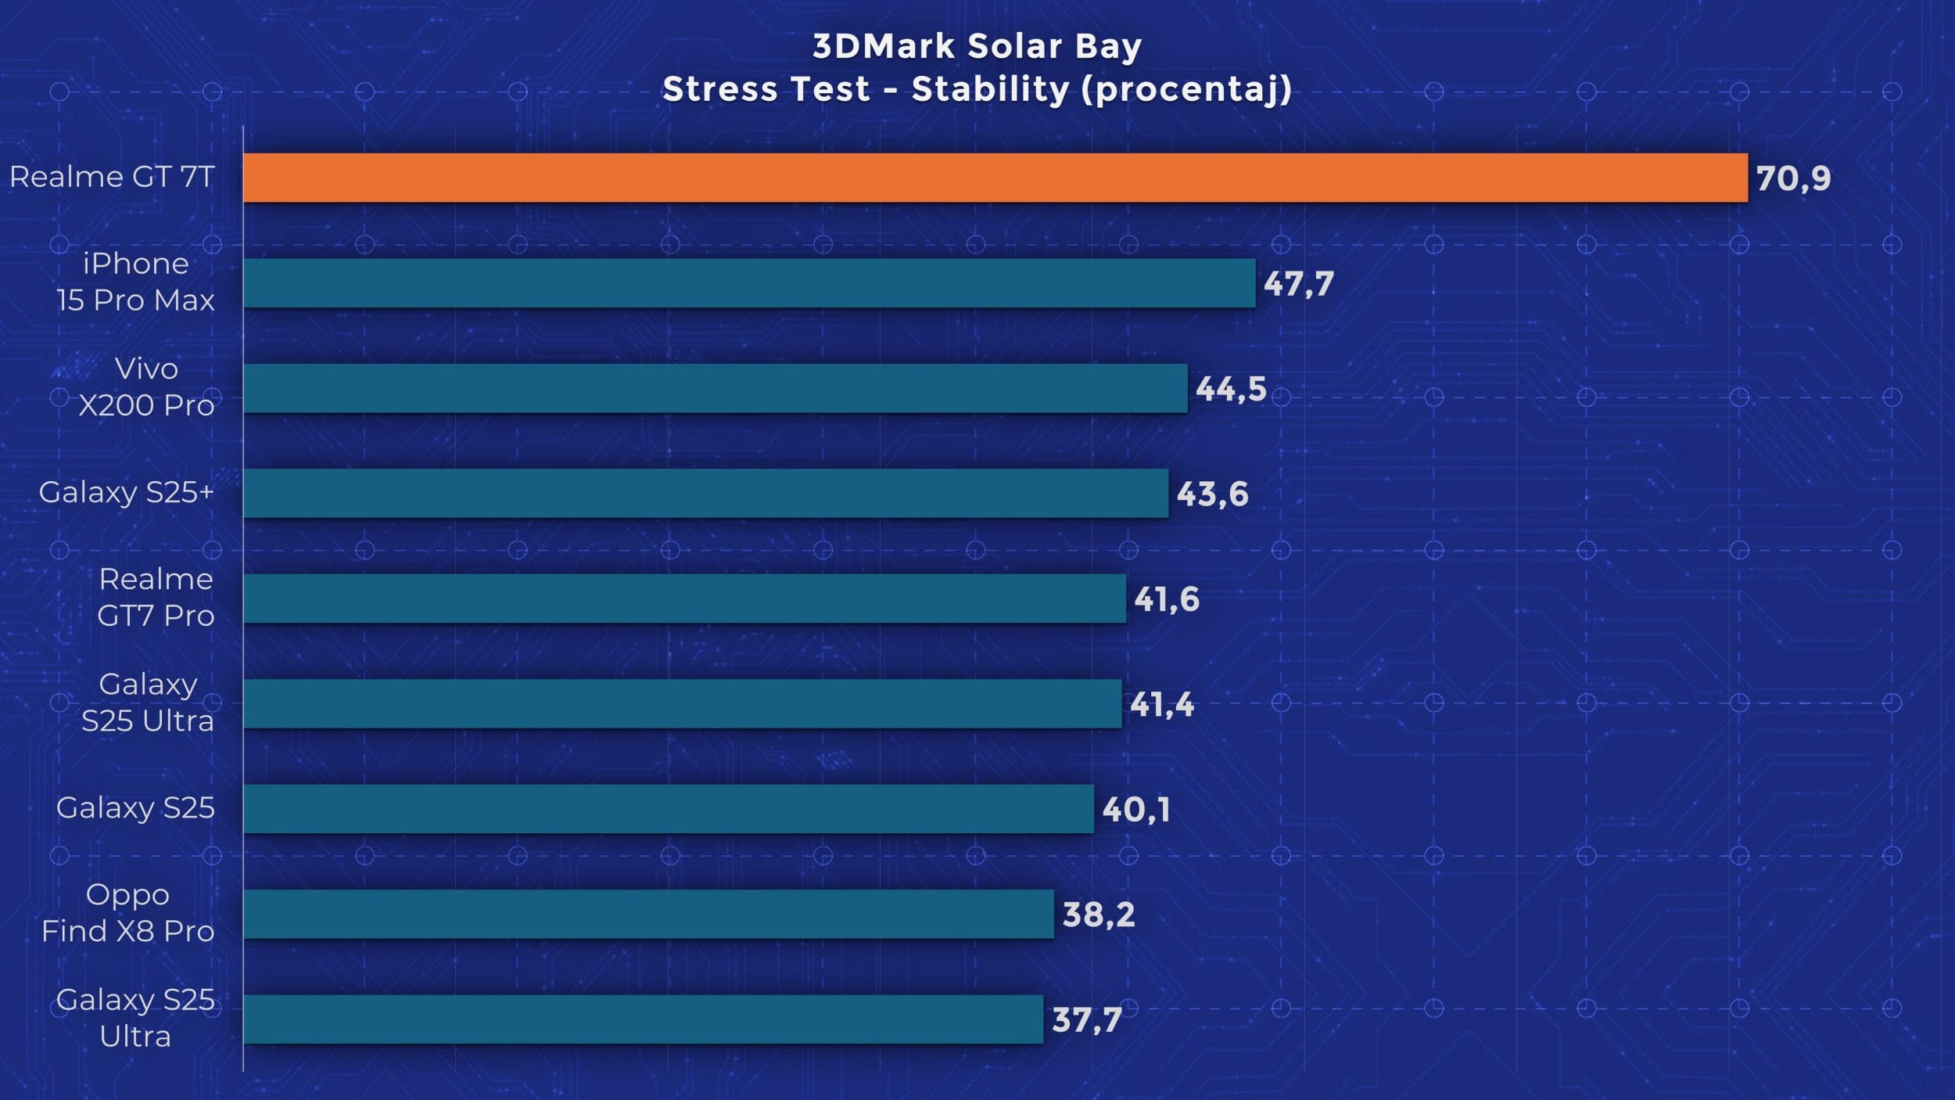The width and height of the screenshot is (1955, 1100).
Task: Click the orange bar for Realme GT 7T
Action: (995, 178)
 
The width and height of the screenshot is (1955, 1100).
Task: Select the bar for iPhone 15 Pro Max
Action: (749, 283)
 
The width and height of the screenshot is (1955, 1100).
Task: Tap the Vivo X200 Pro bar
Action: (715, 388)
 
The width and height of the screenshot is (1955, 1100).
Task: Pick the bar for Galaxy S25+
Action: (705, 493)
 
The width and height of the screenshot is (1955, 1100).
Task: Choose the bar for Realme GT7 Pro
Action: (684, 599)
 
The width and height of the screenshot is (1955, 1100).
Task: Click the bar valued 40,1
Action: (668, 809)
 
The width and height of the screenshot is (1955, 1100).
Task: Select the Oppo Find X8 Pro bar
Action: (648, 914)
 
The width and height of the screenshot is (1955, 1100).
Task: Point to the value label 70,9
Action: (1793, 178)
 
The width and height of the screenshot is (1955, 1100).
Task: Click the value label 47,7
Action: (1298, 283)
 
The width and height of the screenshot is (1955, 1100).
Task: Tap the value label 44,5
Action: (1231, 389)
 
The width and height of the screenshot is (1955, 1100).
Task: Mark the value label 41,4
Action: (1162, 705)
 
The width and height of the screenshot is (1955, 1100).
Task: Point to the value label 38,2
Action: (1098, 915)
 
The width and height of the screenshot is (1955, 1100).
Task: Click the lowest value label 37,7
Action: (1087, 1019)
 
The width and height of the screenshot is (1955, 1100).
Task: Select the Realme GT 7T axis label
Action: (112, 177)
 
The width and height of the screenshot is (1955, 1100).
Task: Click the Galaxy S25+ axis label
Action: (126, 492)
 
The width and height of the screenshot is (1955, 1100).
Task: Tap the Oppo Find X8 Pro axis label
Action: (127, 912)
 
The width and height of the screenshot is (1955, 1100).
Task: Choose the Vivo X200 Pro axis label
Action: (146, 386)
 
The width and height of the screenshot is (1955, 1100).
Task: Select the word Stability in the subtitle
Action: (990, 89)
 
